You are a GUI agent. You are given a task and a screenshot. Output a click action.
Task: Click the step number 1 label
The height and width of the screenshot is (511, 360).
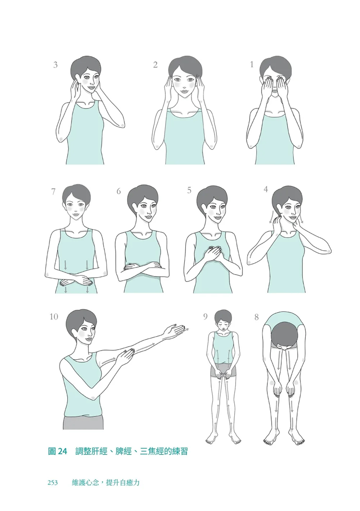(252, 64)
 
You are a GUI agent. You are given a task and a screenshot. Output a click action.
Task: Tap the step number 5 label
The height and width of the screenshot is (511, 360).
(189, 190)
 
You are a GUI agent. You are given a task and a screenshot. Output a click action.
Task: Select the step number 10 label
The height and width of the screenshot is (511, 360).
(54, 316)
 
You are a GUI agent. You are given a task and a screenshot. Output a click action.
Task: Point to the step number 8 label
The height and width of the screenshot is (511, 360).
(257, 317)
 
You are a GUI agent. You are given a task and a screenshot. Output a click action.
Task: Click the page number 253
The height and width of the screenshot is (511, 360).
(52, 482)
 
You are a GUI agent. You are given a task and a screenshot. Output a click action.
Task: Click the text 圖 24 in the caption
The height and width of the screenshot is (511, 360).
(57, 451)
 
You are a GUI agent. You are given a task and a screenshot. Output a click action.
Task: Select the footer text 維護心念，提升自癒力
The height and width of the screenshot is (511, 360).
(106, 482)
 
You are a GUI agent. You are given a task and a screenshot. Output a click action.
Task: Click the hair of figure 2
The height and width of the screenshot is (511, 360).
(185, 65)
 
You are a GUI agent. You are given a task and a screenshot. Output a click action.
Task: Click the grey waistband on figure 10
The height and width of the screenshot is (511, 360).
(84, 422)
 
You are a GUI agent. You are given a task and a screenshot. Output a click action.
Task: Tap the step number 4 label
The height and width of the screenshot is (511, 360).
(266, 189)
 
